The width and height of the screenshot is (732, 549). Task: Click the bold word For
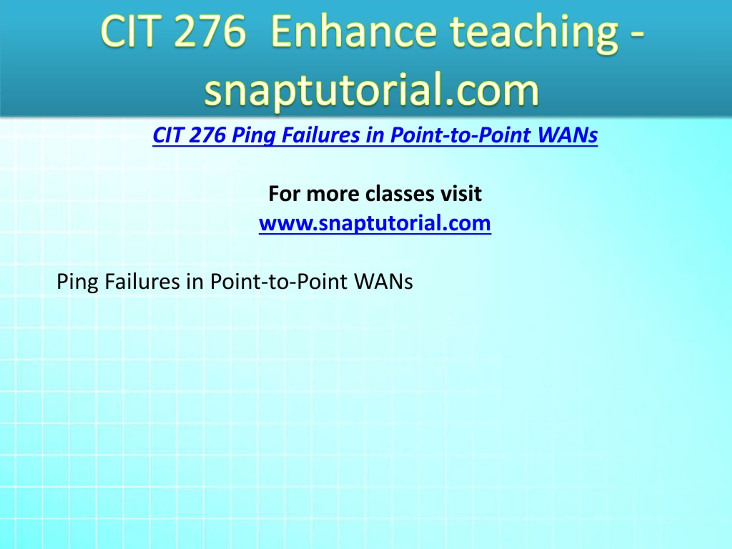tap(284, 194)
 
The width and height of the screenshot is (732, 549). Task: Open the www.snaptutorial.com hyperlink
tap(375, 223)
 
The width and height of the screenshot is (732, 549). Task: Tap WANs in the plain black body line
tap(383, 282)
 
